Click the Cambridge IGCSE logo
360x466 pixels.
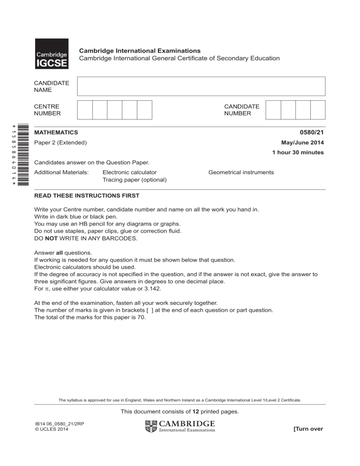52,54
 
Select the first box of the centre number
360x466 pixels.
85,109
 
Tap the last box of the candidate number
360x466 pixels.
317,109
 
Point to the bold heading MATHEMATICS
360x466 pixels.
56,133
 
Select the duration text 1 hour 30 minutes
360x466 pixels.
298,152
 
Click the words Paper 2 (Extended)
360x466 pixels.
60,143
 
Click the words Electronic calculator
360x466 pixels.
129,173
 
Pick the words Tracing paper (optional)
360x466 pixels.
135,180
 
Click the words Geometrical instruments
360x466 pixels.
241,173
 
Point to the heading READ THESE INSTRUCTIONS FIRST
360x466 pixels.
87,195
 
